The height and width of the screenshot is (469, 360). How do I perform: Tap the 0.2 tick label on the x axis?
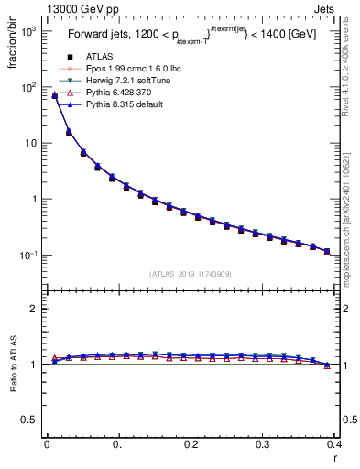point(191,445)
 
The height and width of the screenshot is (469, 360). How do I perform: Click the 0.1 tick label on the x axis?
point(118,445)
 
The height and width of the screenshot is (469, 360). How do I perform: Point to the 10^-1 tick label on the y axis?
point(27,256)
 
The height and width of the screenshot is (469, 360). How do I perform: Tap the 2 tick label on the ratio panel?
point(33,309)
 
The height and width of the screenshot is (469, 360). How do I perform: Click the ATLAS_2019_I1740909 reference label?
point(191,274)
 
